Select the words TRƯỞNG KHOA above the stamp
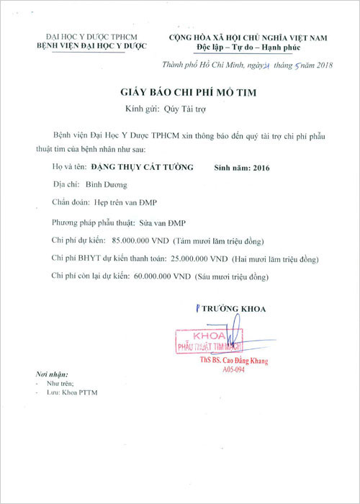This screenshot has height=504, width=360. (234, 309)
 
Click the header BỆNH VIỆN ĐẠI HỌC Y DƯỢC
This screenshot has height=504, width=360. (91, 46)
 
